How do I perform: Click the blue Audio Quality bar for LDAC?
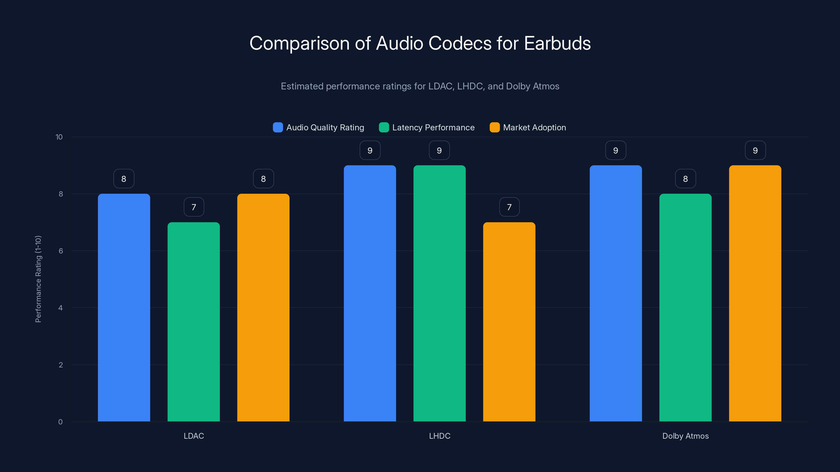pos(124,308)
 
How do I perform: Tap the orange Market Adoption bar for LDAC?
pos(263,308)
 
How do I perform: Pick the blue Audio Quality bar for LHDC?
pos(370,293)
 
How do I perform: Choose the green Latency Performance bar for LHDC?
pos(440,293)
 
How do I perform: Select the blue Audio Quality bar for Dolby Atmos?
pos(616,293)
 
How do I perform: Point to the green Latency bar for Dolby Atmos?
pos(685,308)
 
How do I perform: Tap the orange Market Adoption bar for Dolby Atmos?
pos(755,293)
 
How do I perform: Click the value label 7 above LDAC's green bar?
pos(194,207)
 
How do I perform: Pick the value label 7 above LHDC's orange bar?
pos(509,207)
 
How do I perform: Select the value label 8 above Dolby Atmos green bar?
pos(685,179)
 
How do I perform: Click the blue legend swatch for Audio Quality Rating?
pos(278,127)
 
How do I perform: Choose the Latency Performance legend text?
pos(433,127)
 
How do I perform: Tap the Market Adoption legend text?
pos(534,127)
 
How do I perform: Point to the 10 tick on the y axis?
pos(59,137)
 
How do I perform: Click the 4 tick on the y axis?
pos(60,308)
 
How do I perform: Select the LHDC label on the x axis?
pos(440,436)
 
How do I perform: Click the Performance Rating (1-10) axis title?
pos(38,279)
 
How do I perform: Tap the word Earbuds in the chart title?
pos(557,43)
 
